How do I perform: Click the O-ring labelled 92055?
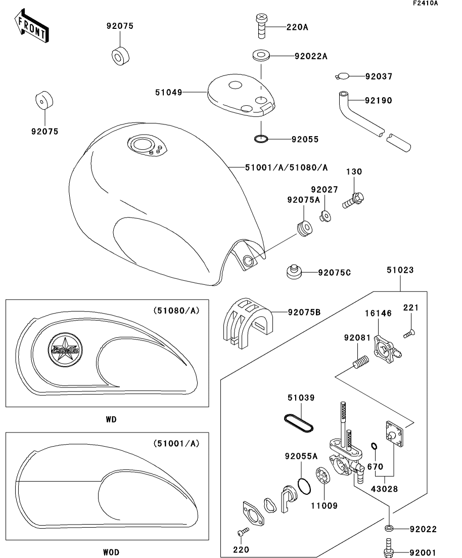[261, 138]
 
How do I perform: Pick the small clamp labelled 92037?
[342, 76]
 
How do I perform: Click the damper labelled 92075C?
[293, 272]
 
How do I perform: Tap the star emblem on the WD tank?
[64, 349]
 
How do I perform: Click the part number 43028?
[384, 489]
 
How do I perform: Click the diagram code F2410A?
[425, 4]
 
